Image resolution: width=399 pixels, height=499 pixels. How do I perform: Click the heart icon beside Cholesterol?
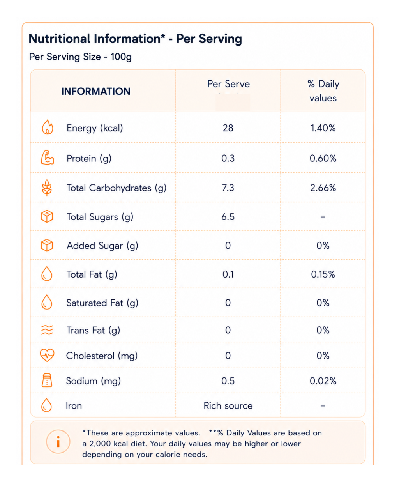point(47,355)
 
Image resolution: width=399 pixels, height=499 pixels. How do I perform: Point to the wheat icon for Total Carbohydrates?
point(47,188)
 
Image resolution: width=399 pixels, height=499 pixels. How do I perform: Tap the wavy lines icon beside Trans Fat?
point(47,330)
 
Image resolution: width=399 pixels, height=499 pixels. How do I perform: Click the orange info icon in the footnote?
point(58,441)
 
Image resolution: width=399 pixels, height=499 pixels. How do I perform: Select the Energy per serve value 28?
point(228,128)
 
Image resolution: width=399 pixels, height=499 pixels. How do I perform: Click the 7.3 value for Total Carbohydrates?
point(228,188)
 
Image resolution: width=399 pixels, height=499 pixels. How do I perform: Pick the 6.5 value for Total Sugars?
point(228,217)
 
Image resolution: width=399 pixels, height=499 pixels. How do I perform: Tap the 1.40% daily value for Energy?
point(323,128)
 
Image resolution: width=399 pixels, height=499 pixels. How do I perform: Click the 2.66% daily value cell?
point(323,188)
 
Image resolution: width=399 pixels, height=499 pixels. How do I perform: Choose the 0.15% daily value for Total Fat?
point(323,274)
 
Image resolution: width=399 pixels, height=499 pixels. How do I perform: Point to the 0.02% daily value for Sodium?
point(323,381)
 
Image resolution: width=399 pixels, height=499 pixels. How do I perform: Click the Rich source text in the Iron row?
point(228,405)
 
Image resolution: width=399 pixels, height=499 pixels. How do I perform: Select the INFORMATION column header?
point(96,91)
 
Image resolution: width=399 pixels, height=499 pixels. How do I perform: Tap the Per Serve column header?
point(228,84)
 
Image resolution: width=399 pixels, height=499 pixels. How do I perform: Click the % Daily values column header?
point(323,91)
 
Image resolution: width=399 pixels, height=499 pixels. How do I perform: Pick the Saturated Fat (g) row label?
point(102,303)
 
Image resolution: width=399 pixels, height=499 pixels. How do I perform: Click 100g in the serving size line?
point(121,57)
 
